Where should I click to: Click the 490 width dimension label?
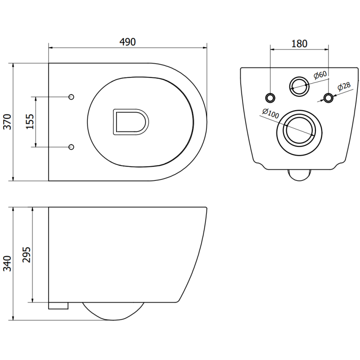pos(127,41)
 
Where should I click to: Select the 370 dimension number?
pos(7,122)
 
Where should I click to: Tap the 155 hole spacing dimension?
pos(30,121)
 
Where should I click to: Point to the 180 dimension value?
pos(299,44)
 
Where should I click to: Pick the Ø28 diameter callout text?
pos(344,87)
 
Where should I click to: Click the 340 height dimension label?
pos(7,263)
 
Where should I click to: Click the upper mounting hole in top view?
pos(71,97)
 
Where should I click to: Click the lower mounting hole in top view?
pos(71,147)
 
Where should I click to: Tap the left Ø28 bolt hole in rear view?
pos(270,97)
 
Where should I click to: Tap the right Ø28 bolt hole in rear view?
pos(329,97)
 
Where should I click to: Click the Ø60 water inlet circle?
pos(299,85)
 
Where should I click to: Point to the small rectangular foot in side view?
pos(58,306)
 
